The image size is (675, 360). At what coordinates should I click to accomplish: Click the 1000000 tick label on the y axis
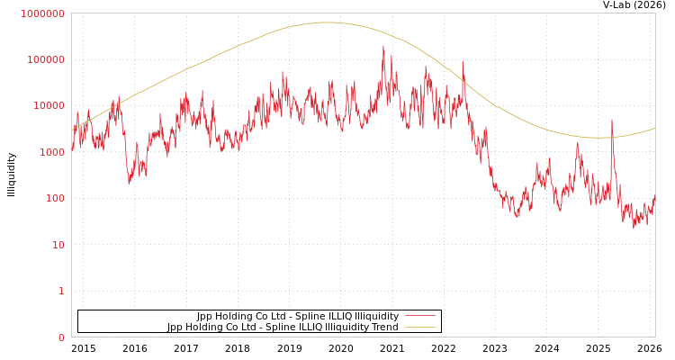pyautogui.click(x=41, y=13)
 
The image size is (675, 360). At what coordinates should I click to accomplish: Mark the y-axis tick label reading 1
pyautogui.click(x=61, y=291)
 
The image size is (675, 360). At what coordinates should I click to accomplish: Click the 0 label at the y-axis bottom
pyautogui.click(x=61, y=337)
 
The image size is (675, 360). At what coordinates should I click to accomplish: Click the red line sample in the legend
pyautogui.click(x=419, y=316)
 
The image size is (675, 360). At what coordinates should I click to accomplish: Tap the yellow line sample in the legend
pyautogui.click(x=419, y=327)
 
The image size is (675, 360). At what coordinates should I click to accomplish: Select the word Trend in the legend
pyautogui.click(x=383, y=327)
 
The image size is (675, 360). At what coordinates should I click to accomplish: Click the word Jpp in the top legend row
pyautogui.click(x=205, y=316)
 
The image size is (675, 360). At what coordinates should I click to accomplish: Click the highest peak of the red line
pyautogui.click(x=383, y=46)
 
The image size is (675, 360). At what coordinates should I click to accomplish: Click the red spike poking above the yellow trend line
pyautogui.click(x=612, y=121)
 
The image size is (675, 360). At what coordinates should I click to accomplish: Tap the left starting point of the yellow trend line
pyautogui.click(x=72, y=131)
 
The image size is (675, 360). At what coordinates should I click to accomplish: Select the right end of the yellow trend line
pyautogui.click(x=654, y=128)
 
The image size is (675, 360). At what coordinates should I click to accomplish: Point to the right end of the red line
pyautogui.click(x=654, y=197)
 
